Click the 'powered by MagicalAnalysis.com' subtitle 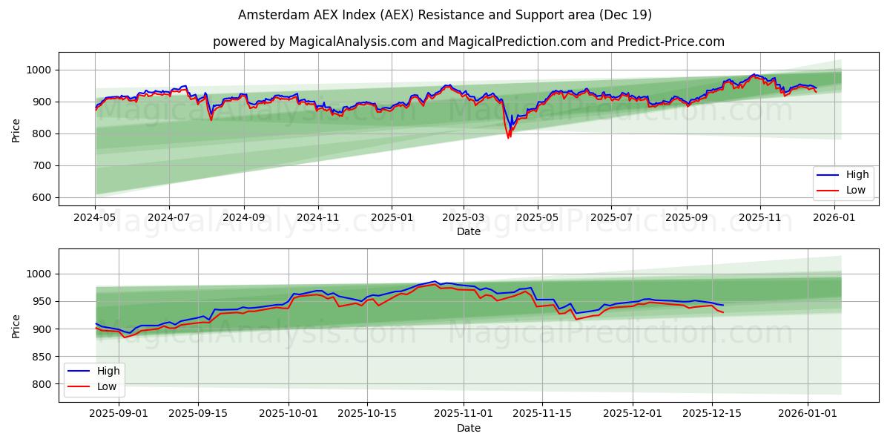tap(468, 42)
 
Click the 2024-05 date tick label tap(95, 218)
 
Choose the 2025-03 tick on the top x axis tap(464, 218)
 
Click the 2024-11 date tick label tap(317, 218)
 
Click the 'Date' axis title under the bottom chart tap(468, 428)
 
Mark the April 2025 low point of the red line tap(508, 138)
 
